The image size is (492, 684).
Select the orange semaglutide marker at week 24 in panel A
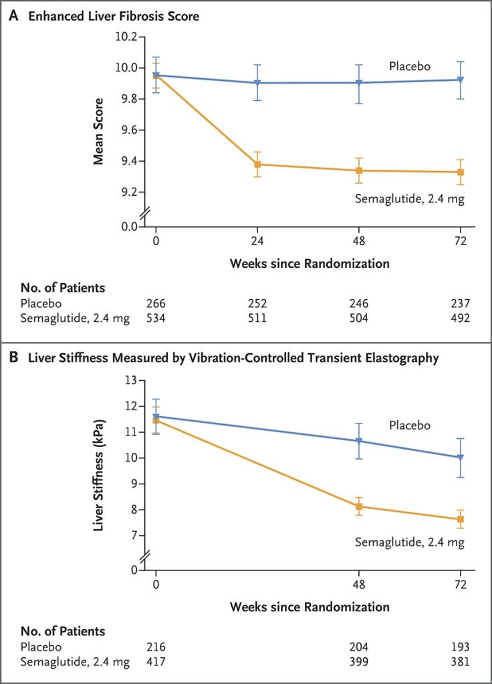click(257, 164)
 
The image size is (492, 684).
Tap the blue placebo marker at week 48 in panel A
click(359, 83)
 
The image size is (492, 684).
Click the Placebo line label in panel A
click(410, 66)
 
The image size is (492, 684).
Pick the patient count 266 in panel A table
click(156, 304)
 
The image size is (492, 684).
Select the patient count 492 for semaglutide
click(460, 318)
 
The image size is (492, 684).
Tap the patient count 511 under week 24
click(257, 318)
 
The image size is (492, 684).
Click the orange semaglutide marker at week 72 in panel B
click(461, 520)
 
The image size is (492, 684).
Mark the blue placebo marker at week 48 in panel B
click(359, 441)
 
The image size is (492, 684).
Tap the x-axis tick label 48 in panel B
click(359, 586)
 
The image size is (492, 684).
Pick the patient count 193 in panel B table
click(460, 647)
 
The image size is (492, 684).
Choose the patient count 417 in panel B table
click(156, 661)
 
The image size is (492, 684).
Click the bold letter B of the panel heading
click(13, 358)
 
